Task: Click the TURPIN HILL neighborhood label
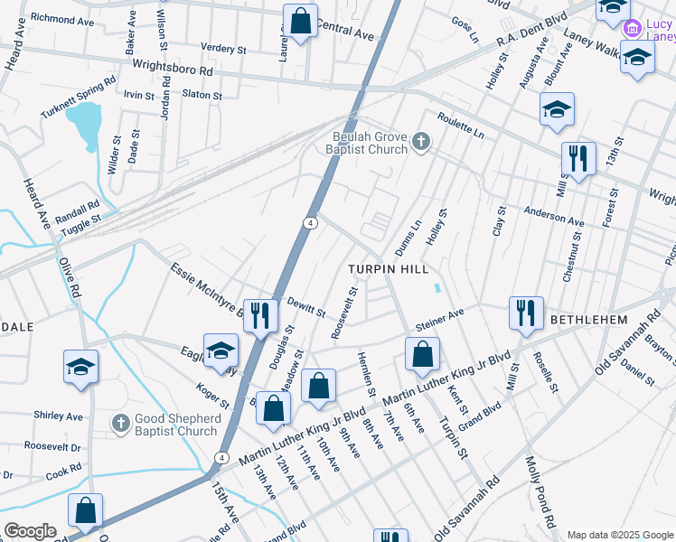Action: click(389, 270)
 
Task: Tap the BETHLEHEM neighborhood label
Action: click(588, 321)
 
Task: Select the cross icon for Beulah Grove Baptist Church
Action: click(420, 141)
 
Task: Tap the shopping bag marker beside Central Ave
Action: click(300, 20)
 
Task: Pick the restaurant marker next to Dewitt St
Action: click(259, 316)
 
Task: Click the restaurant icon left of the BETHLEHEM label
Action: click(525, 313)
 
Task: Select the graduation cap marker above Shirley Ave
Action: click(80, 367)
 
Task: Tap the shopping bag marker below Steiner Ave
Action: click(421, 354)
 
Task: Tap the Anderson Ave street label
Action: click(554, 219)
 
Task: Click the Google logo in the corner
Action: click(31, 530)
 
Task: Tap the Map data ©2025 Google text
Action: click(619, 535)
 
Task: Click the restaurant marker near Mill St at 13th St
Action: click(577, 159)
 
